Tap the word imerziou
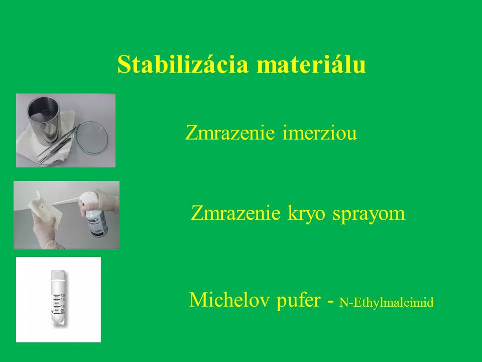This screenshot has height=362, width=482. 319,133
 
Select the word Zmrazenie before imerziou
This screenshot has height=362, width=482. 229,133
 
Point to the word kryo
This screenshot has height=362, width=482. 306,214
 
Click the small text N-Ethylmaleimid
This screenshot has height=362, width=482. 387,302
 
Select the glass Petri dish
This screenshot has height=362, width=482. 92,139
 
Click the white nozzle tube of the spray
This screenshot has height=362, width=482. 67,201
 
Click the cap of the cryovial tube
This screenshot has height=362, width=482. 58,275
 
